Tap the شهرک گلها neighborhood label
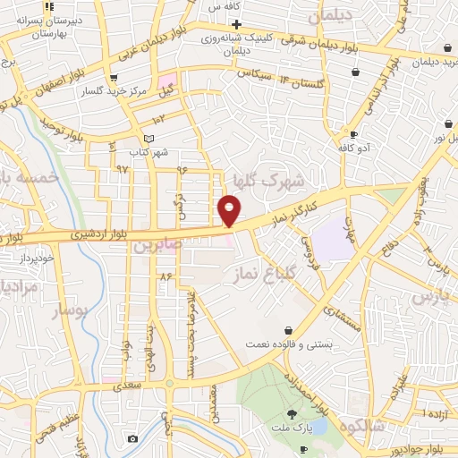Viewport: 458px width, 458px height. (269, 181)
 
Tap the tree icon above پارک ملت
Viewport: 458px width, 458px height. (292, 413)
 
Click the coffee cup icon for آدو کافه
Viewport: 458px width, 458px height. (354, 135)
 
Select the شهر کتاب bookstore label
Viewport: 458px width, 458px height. (148, 153)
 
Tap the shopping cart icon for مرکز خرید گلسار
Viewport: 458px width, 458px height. (111, 78)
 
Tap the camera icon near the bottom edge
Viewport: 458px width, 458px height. (132, 438)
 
